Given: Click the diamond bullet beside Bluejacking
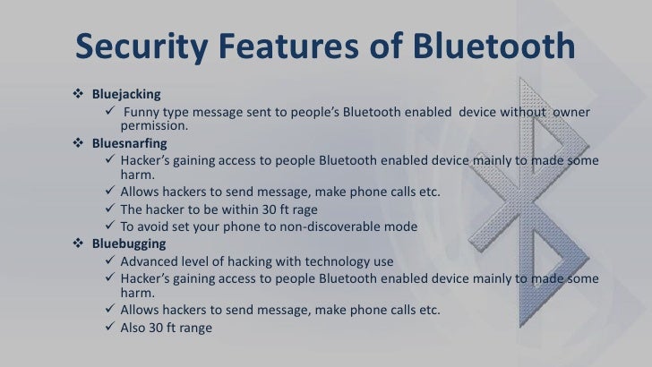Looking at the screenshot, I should [76, 93].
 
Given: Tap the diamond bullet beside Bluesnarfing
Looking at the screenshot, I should [76, 141].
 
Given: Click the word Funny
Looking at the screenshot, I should [142, 111].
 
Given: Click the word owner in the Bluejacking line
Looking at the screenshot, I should [571, 111].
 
